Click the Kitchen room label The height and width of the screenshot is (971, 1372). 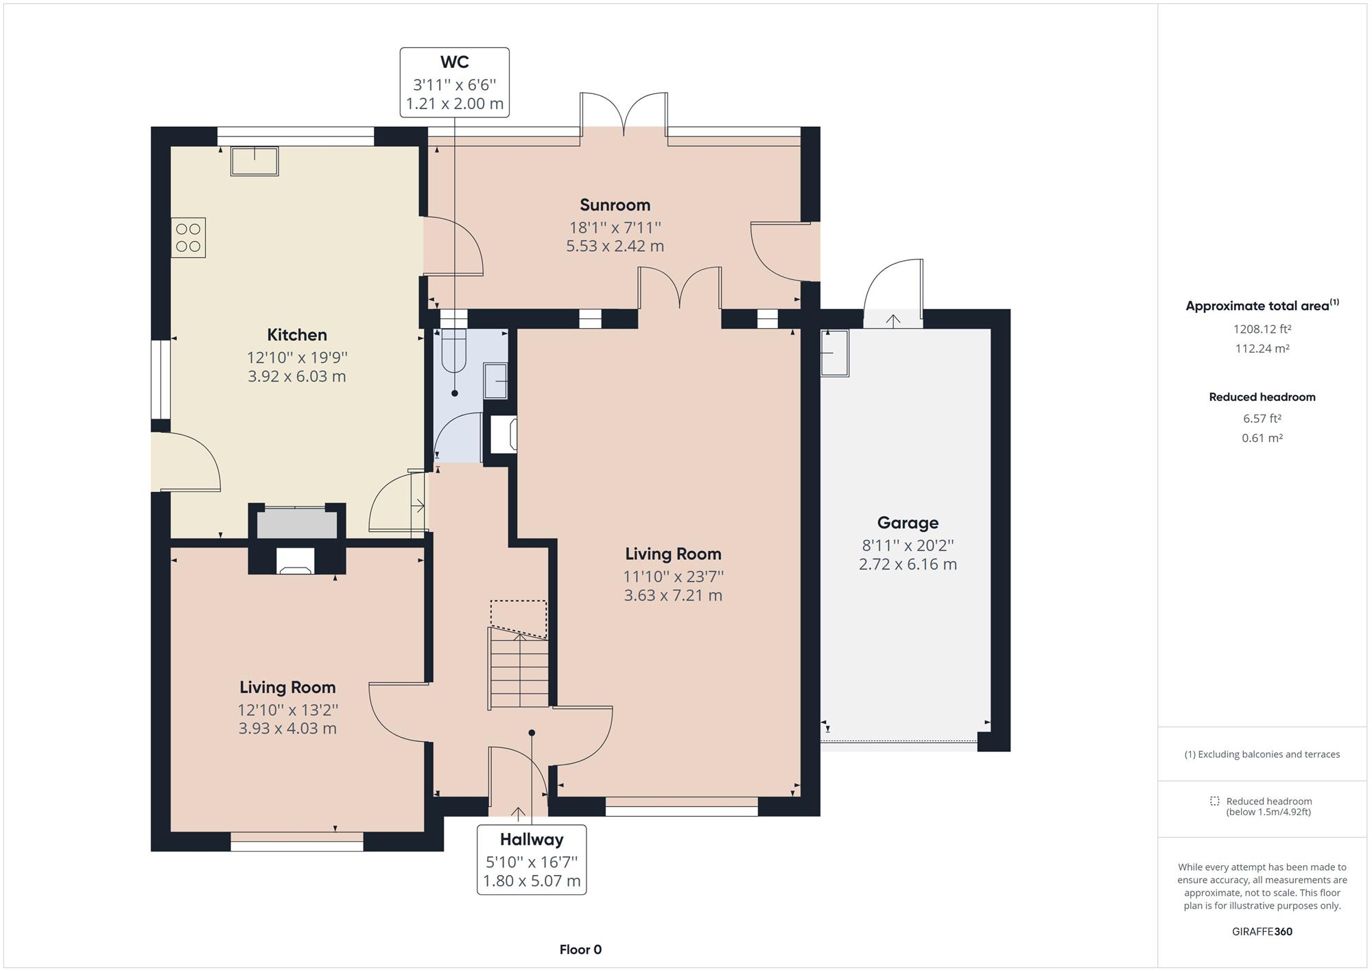tap(296, 335)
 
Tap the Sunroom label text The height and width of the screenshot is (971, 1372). tap(615, 204)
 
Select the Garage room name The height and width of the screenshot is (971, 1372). tap(908, 523)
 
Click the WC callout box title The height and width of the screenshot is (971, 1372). tap(454, 62)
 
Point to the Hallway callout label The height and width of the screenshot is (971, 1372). tap(532, 839)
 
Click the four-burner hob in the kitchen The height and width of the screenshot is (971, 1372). tap(189, 237)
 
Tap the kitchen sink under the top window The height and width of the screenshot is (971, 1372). tap(255, 161)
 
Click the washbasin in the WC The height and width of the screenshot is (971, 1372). tap(495, 382)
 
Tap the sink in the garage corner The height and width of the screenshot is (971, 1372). tap(835, 353)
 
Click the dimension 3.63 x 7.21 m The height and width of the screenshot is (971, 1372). tap(673, 595)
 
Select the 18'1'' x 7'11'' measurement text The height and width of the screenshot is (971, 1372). tap(615, 227)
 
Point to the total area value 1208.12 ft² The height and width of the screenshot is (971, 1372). tap(1262, 329)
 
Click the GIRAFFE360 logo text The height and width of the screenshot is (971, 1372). tap(1262, 931)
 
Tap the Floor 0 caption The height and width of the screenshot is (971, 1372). tap(580, 950)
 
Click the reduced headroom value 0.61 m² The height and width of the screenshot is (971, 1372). tap(1262, 438)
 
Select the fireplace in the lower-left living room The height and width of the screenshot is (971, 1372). tap(296, 561)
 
